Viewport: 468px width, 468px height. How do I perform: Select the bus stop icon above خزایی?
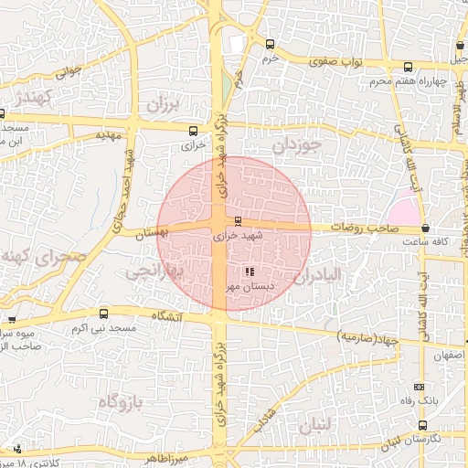click(x=192, y=130)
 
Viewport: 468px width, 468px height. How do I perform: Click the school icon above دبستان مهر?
click(x=250, y=271)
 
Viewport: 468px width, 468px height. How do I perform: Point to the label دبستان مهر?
click(x=245, y=286)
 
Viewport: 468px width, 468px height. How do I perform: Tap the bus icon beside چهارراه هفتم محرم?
click(x=409, y=66)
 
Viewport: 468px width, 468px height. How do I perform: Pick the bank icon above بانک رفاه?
click(x=419, y=387)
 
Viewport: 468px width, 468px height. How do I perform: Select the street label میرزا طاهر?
click(x=163, y=456)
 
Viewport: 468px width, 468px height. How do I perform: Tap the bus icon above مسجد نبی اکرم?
click(x=12, y=320)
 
